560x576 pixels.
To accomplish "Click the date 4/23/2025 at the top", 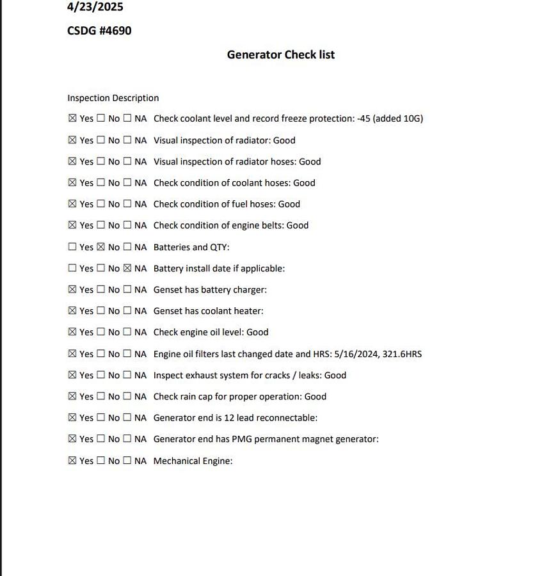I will [95, 7].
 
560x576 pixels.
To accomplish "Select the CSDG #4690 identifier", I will [99, 31].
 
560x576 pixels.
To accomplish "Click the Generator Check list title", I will [280, 54].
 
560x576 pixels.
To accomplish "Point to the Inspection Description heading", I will [113, 98].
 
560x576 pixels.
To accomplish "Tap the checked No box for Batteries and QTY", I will [100, 247].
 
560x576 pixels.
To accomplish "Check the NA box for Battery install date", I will [127, 268].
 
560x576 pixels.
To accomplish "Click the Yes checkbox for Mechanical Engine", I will [72, 461].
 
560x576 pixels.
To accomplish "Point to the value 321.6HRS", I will [402, 354].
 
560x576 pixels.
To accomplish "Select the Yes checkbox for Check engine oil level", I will [72, 332].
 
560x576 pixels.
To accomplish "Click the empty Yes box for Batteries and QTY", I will [72, 247].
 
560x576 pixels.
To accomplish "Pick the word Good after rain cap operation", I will [315, 397].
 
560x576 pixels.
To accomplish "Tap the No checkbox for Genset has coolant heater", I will [100, 311].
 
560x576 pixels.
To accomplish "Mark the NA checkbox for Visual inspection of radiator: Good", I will [127, 140].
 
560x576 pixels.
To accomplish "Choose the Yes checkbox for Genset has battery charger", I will [72, 289].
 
